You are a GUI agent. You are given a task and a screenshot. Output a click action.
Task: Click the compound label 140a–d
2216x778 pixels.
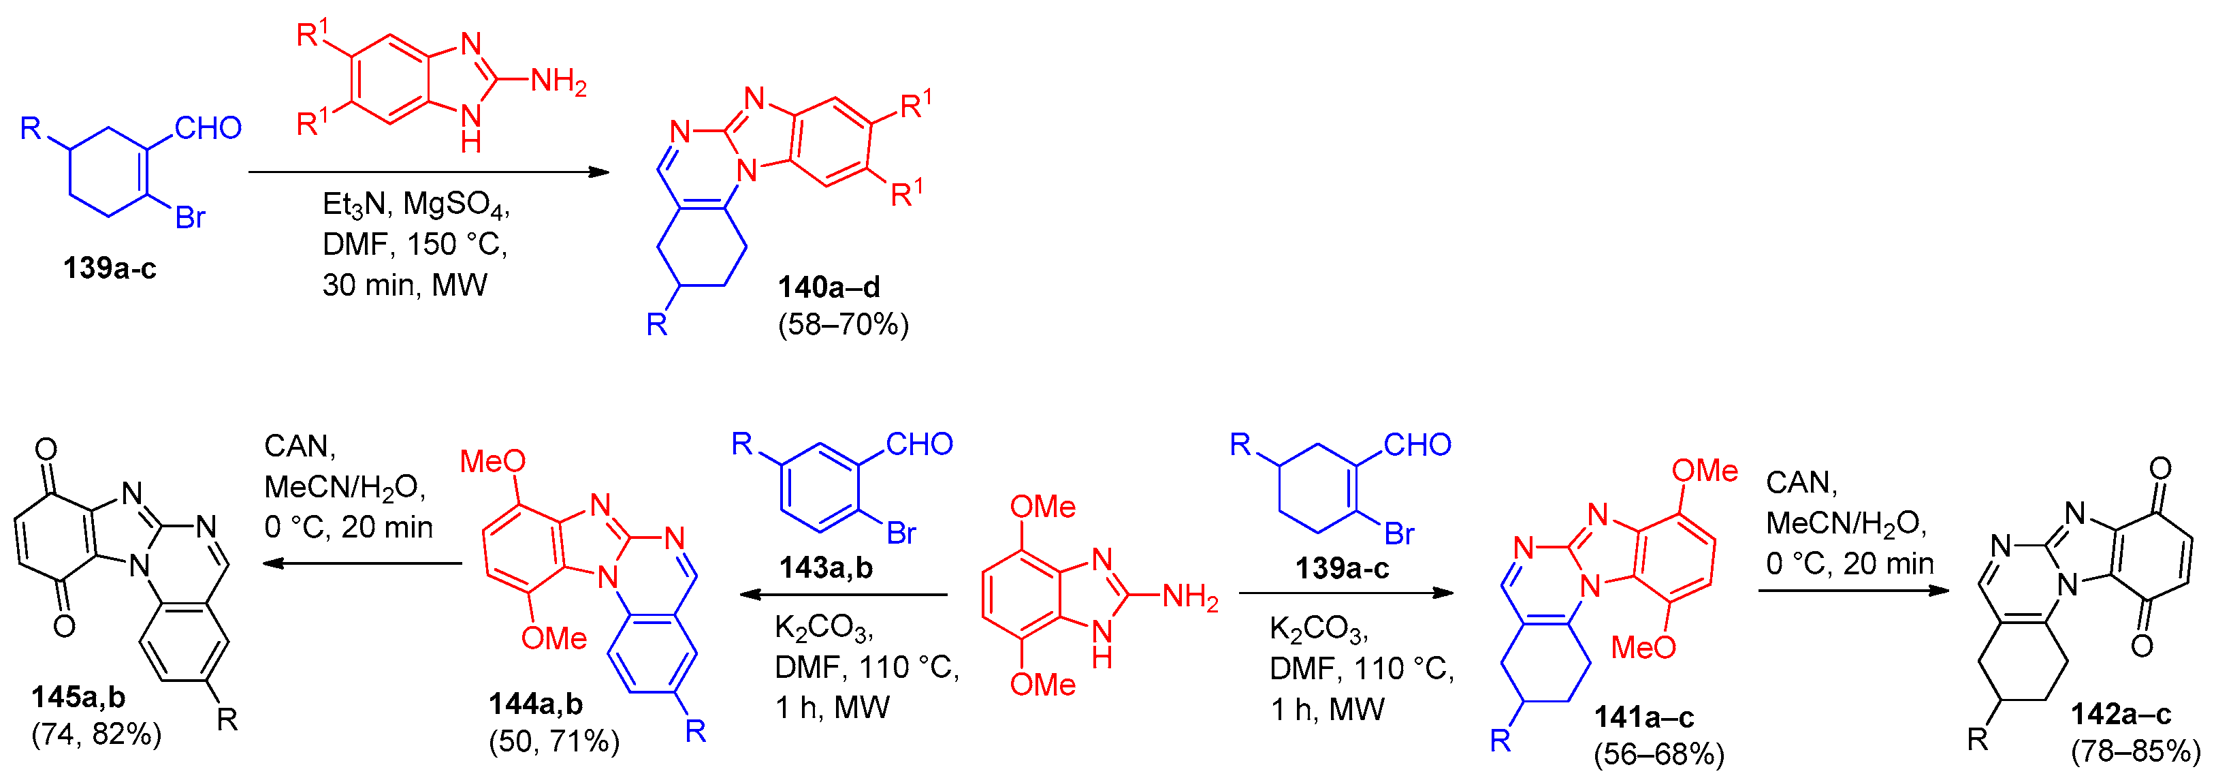coord(829,287)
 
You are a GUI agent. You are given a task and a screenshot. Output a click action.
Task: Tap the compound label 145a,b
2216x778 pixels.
coord(78,696)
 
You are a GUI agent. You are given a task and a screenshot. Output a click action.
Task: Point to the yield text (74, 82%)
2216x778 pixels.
coord(97,734)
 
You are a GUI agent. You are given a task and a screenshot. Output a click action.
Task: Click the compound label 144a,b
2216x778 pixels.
coord(535,704)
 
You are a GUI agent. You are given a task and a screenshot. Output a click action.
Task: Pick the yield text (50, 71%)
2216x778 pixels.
coord(554,741)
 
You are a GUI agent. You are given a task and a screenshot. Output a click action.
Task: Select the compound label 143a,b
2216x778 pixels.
coord(826,568)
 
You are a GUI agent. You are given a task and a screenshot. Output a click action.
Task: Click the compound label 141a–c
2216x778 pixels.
coord(1644,717)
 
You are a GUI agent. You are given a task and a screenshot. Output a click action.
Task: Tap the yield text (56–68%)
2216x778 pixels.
coord(1658,755)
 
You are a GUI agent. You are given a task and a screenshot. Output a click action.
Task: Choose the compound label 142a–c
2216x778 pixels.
coord(2121,713)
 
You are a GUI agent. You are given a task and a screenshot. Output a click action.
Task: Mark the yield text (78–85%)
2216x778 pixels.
coord(2135,751)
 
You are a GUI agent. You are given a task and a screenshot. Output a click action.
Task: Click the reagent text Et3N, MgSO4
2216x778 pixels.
coord(415,205)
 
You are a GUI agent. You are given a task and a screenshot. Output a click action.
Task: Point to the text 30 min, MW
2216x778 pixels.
coord(404,285)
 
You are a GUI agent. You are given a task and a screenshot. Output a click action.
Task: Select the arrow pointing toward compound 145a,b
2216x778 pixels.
coord(362,563)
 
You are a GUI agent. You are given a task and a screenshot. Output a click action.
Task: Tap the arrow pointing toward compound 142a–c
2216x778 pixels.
coord(1853,591)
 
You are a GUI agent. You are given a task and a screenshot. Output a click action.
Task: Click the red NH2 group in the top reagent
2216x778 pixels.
coord(558,82)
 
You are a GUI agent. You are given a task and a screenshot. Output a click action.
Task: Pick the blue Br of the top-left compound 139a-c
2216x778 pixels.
coord(190,218)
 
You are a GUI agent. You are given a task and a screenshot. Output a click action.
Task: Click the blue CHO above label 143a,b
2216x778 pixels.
coord(919,444)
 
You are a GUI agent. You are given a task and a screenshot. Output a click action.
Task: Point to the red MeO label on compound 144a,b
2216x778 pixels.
coord(492,461)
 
